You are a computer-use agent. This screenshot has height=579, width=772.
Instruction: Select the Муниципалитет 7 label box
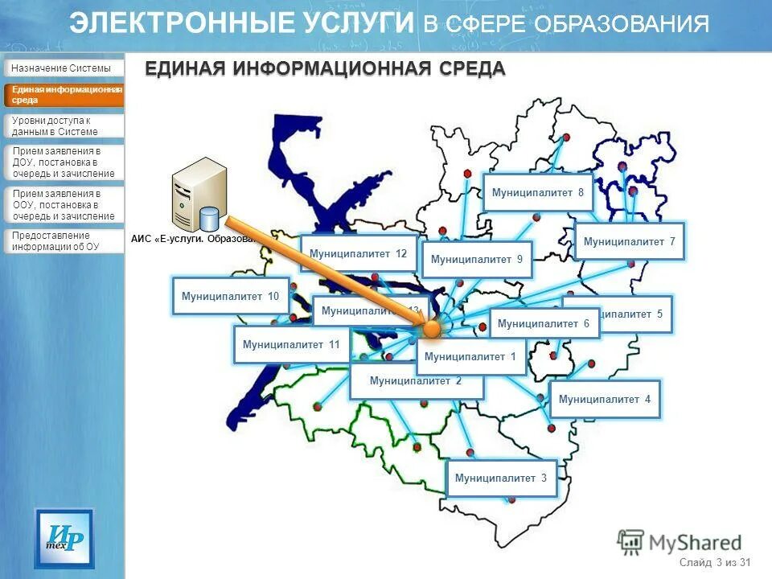629,241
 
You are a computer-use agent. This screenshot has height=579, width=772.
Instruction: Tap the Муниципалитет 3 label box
501,478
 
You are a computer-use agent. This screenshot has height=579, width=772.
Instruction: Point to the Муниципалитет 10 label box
230,297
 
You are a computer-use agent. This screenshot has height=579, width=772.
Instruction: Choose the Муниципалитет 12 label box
358,254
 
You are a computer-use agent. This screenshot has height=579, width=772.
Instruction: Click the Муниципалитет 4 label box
605,399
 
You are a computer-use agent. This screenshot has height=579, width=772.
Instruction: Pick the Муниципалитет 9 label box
477,260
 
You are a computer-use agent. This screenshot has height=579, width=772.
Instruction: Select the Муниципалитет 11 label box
291,345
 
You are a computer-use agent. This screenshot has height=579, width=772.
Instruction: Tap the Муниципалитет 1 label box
470,357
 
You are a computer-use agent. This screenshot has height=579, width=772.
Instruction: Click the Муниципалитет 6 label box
544,323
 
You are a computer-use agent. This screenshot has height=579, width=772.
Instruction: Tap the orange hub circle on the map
432,327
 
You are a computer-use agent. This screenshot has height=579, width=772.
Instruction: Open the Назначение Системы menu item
64,68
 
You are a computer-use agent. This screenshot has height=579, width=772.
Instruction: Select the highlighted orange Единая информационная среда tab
64,95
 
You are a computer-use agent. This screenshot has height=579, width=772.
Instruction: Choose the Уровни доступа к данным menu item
64,126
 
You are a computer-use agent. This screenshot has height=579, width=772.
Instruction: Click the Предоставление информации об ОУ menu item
64,241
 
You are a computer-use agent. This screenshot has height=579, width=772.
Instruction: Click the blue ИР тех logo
64,538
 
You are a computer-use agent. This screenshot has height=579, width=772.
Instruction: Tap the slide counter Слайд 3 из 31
714,562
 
